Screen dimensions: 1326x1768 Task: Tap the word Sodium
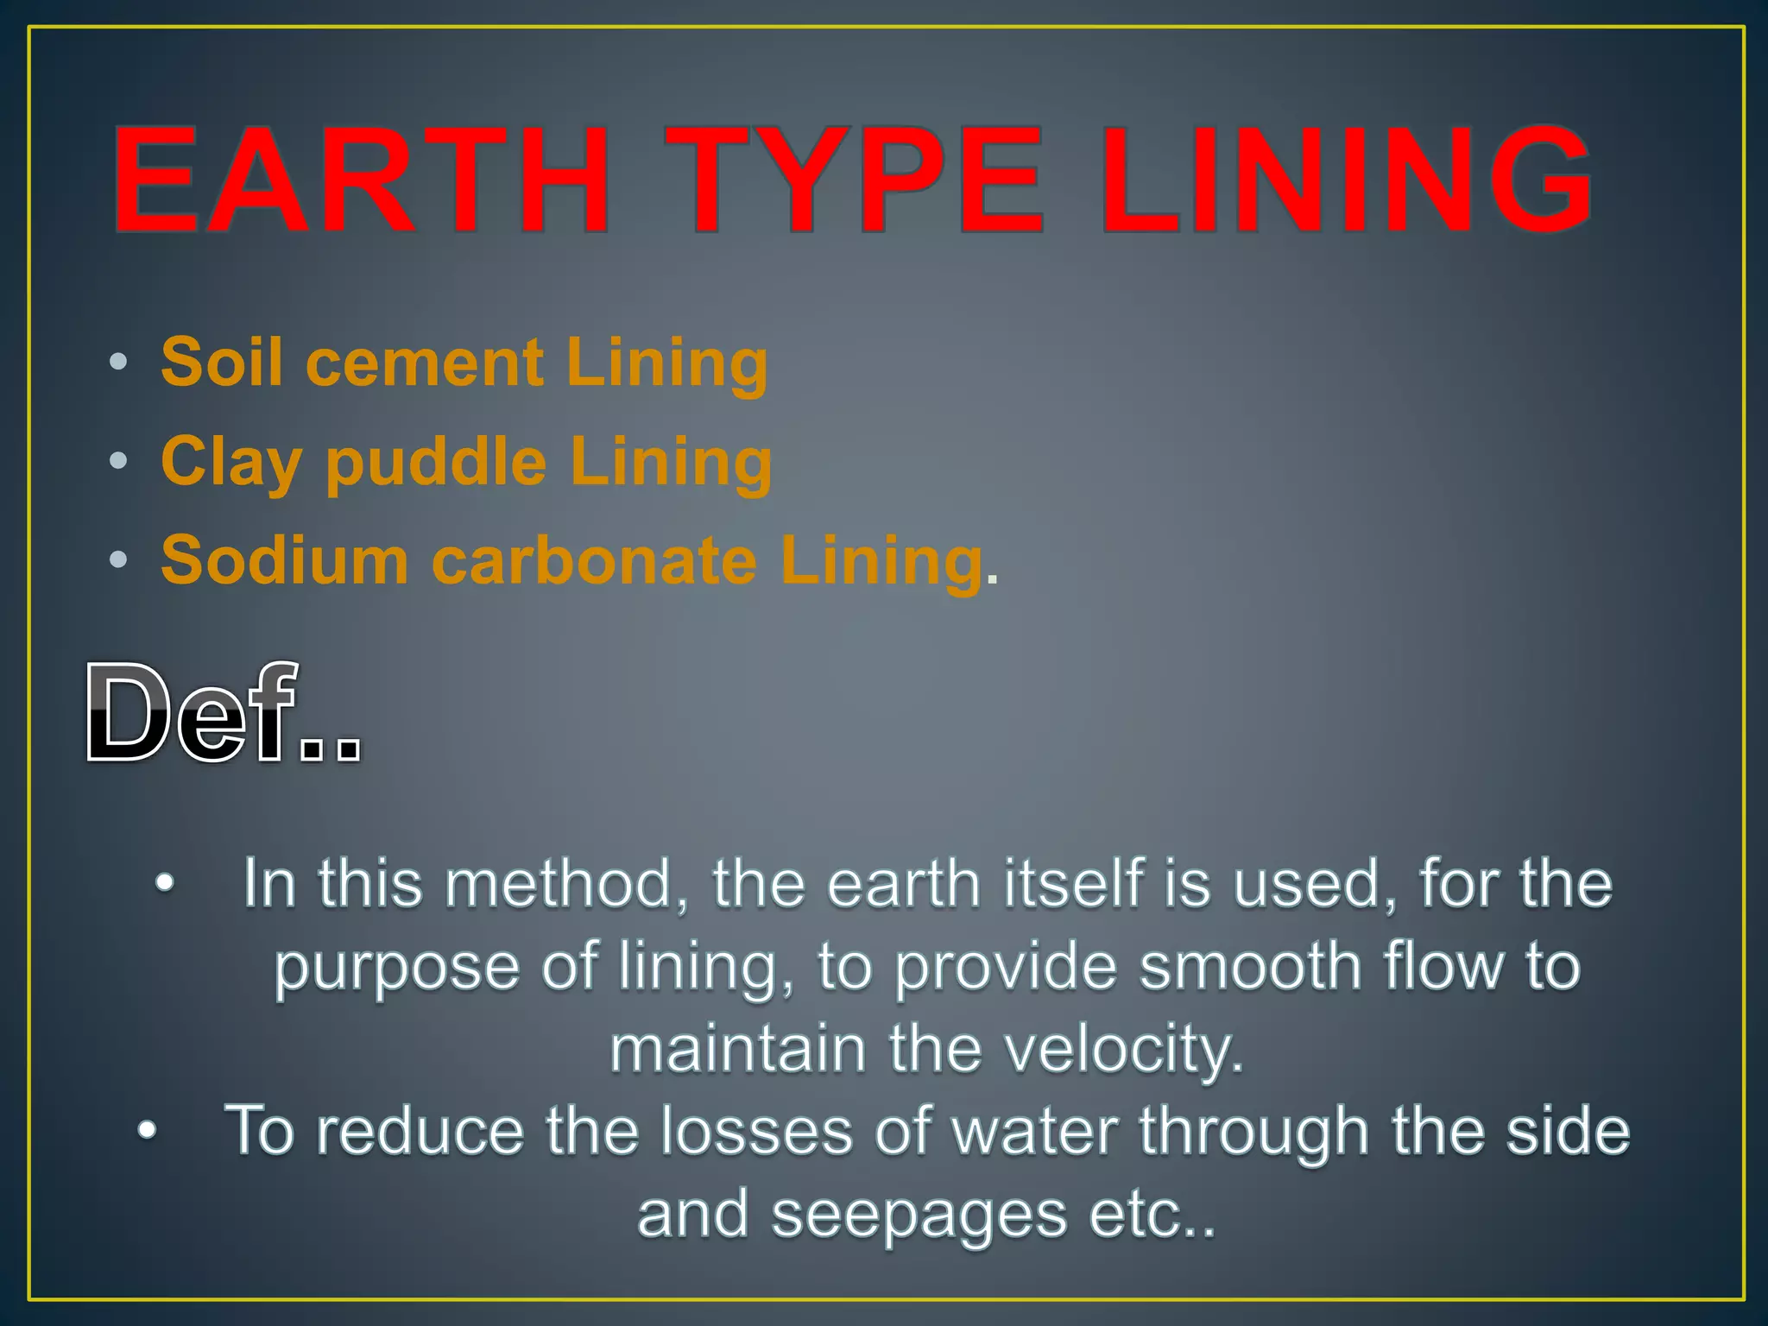coord(284,561)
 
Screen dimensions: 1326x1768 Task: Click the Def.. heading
coord(223,715)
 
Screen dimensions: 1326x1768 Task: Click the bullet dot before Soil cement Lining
coord(118,363)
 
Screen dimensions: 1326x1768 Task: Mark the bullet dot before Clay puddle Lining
coord(118,461)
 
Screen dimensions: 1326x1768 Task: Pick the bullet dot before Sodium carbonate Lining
coord(118,560)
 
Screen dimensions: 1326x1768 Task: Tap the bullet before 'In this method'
coord(164,884)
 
